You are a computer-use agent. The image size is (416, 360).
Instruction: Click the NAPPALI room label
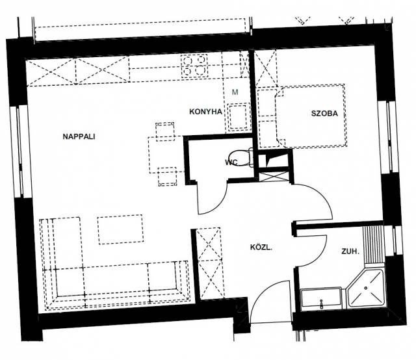point(79,136)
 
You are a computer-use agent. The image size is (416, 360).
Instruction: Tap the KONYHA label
point(205,112)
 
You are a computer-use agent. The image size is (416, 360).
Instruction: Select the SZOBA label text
point(324,114)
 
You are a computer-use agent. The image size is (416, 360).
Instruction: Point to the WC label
point(231,162)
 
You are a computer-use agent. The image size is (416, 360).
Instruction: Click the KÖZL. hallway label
point(261,248)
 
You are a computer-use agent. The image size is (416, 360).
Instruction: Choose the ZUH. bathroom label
point(350,251)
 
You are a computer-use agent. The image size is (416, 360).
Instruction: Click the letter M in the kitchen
point(235,92)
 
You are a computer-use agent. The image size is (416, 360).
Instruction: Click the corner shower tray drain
point(366,288)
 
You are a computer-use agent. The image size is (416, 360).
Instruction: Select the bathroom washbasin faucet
point(322,304)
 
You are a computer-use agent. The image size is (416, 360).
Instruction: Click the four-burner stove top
point(194,66)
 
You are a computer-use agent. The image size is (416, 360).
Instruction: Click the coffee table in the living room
point(121,229)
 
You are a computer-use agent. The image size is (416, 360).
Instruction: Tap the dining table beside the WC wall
point(166,155)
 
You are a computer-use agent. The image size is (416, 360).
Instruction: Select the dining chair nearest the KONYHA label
point(165,131)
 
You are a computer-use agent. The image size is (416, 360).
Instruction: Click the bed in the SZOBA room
point(311,116)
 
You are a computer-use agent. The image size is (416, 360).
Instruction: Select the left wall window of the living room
point(19,152)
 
